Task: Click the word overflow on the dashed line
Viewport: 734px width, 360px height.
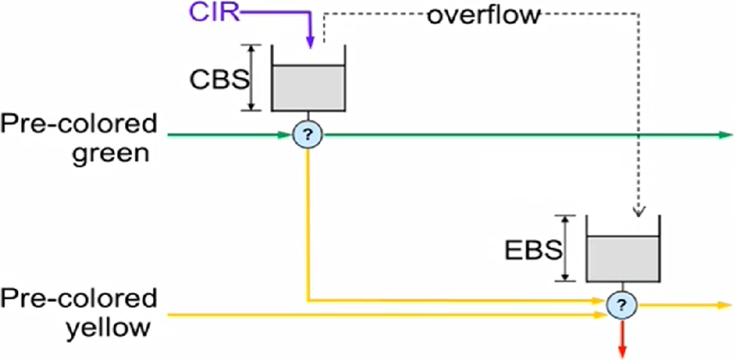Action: (x=483, y=15)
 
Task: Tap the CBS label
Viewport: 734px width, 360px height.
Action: (x=219, y=79)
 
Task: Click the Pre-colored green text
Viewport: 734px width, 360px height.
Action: (x=78, y=136)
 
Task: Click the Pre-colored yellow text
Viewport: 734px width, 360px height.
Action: (x=78, y=313)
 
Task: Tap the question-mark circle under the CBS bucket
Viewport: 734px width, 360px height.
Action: (x=308, y=135)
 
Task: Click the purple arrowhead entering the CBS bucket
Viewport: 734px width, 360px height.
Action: (x=310, y=42)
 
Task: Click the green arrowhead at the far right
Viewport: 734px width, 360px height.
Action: (x=722, y=135)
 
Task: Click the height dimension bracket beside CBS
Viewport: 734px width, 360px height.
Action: (x=251, y=77)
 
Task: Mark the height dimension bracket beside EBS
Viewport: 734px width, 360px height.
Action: (x=565, y=248)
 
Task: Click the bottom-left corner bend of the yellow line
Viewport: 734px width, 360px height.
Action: (x=308, y=299)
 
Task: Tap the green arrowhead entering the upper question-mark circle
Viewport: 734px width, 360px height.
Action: (x=286, y=135)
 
